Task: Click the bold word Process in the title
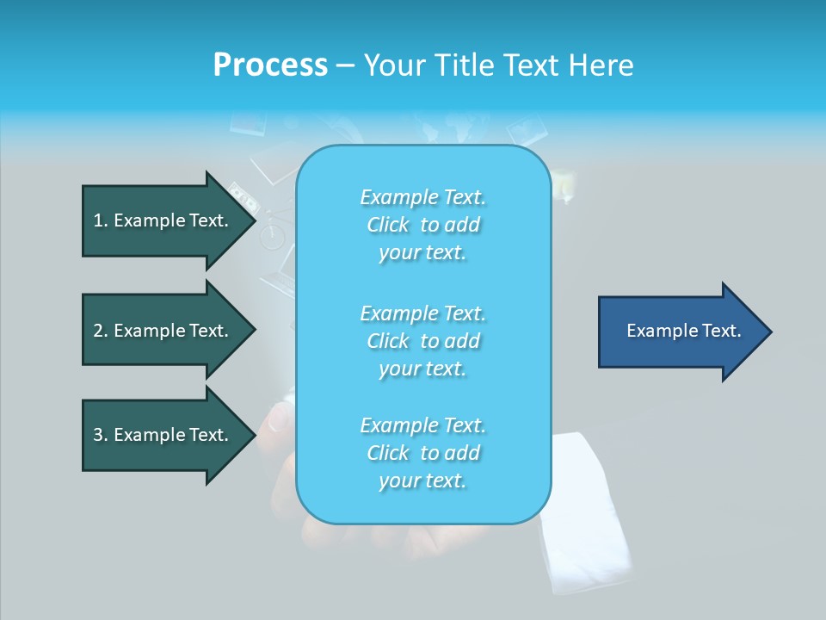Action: click(x=270, y=65)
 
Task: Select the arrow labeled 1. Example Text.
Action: click(x=163, y=220)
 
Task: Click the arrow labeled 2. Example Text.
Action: click(x=163, y=331)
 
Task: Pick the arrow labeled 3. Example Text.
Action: click(x=163, y=435)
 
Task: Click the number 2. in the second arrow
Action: click(x=101, y=331)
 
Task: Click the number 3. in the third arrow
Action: click(x=101, y=435)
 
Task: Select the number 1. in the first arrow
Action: click(x=101, y=220)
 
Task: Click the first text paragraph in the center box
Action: click(x=422, y=225)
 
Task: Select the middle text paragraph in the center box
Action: click(x=422, y=341)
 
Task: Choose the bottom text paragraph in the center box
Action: click(x=422, y=453)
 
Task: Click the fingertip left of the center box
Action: click(x=278, y=419)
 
